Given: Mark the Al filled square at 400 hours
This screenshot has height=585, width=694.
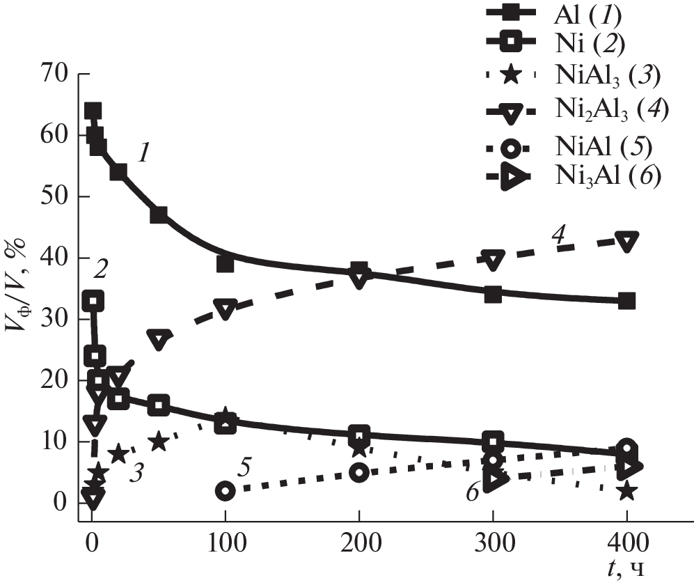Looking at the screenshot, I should click(x=626, y=301).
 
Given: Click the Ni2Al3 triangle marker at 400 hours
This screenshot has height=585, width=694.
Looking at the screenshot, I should click(x=626, y=241).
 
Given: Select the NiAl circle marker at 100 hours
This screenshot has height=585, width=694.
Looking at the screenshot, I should click(x=225, y=490).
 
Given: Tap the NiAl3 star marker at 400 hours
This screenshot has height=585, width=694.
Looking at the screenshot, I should click(x=626, y=491).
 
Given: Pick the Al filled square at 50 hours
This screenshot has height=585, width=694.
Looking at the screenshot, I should click(x=159, y=214).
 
